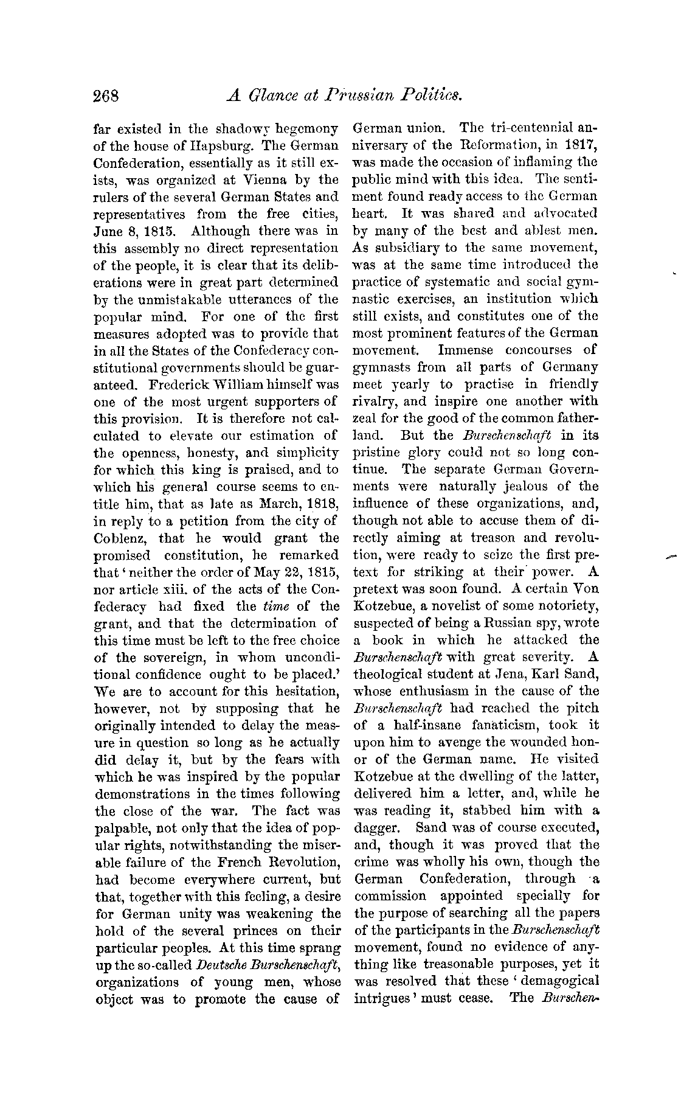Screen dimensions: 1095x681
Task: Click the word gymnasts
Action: click(x=378, y=367)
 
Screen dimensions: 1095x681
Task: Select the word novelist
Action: click(x=454, y=607)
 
